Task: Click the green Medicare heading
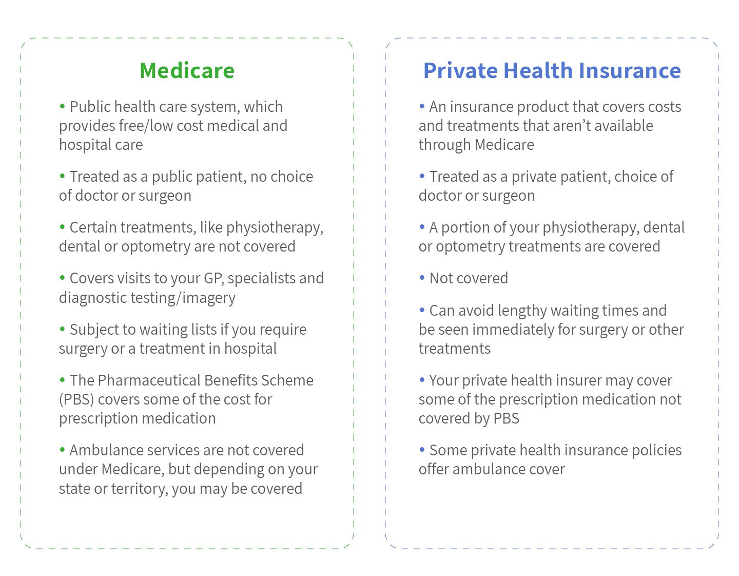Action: (x=187, y=70)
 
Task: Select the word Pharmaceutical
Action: (x=149, y=380)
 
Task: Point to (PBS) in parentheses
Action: (x=76, y=399)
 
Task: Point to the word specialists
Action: (x=261, y=278)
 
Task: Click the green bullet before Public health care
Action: (x=63, y=106)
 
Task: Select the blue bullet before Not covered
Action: (x=422, y=278)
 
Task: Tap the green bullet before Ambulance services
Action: (x=63, y=450)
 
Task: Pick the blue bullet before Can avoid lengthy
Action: (x=422, y=310)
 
